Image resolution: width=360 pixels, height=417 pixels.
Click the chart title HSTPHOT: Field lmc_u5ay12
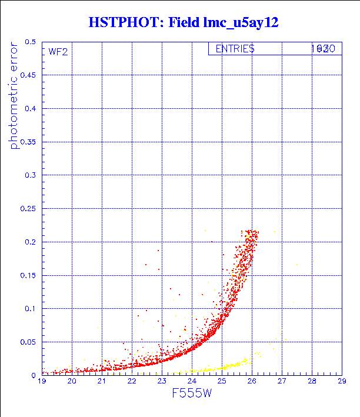click(x=183, y=23)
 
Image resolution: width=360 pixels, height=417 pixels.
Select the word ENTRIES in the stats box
click(x=235, y=49)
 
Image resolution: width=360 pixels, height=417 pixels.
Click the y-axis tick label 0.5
click(x=30, y=42)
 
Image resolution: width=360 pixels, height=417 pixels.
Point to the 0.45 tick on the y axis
click(x=28, y=75)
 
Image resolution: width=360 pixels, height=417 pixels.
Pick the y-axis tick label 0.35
click(x=28, y=142)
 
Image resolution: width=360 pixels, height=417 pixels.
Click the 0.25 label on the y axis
click(x=28, y=208)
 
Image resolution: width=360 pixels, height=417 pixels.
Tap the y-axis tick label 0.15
click(x=28, y=275)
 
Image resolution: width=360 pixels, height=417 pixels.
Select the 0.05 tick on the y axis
click(x=28, y=342)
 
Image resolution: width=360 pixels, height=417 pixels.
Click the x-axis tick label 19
click(x=42, y=382)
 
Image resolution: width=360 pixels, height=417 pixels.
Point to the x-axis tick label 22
click(x=132, y=382)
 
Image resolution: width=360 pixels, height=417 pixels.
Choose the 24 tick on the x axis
click(x=192, y=382)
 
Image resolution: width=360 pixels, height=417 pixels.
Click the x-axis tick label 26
click(x=252, y=382)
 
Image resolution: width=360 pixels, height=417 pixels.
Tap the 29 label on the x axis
click(x=341, y=382)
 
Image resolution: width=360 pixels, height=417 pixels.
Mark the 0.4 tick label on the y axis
click(x=30, y=109)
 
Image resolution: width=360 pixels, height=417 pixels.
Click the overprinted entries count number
click(x=323, y=49)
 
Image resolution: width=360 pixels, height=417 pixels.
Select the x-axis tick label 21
click(x=102, y=382)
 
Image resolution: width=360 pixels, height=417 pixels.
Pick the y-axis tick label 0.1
click(x=30, y=308)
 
